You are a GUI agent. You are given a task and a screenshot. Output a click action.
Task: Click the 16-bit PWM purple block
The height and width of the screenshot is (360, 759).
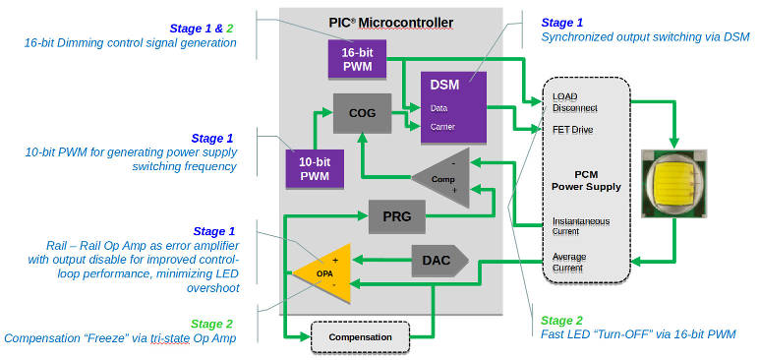357,60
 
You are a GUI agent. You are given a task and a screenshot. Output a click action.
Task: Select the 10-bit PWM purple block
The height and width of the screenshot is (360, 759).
315,167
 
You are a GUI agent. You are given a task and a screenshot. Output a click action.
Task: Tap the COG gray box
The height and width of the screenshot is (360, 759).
363,113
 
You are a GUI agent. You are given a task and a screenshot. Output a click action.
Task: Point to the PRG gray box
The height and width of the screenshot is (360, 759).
397,215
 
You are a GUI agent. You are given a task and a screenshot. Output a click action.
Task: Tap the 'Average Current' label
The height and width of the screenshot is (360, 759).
571,262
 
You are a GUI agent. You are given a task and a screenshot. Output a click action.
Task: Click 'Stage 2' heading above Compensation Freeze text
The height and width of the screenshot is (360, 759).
211,323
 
